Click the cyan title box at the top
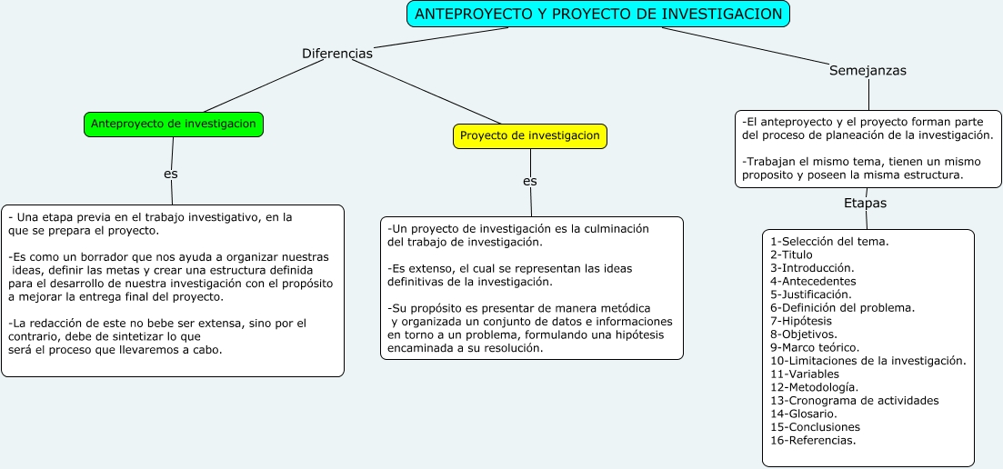tap(597, 14)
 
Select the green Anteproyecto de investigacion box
tap(174, 125)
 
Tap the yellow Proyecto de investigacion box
tap(530, 136)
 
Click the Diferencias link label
tap(337, 54)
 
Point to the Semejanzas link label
tap(868, 70)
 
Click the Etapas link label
tap(865, 203)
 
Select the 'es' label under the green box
tap(171, 174)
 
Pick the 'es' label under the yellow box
tap(530, 181)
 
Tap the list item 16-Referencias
tap(813, 440)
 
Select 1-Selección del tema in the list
tap(829, 242)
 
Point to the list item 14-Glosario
tap(803, 414)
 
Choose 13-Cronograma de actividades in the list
tap(854, 400)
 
